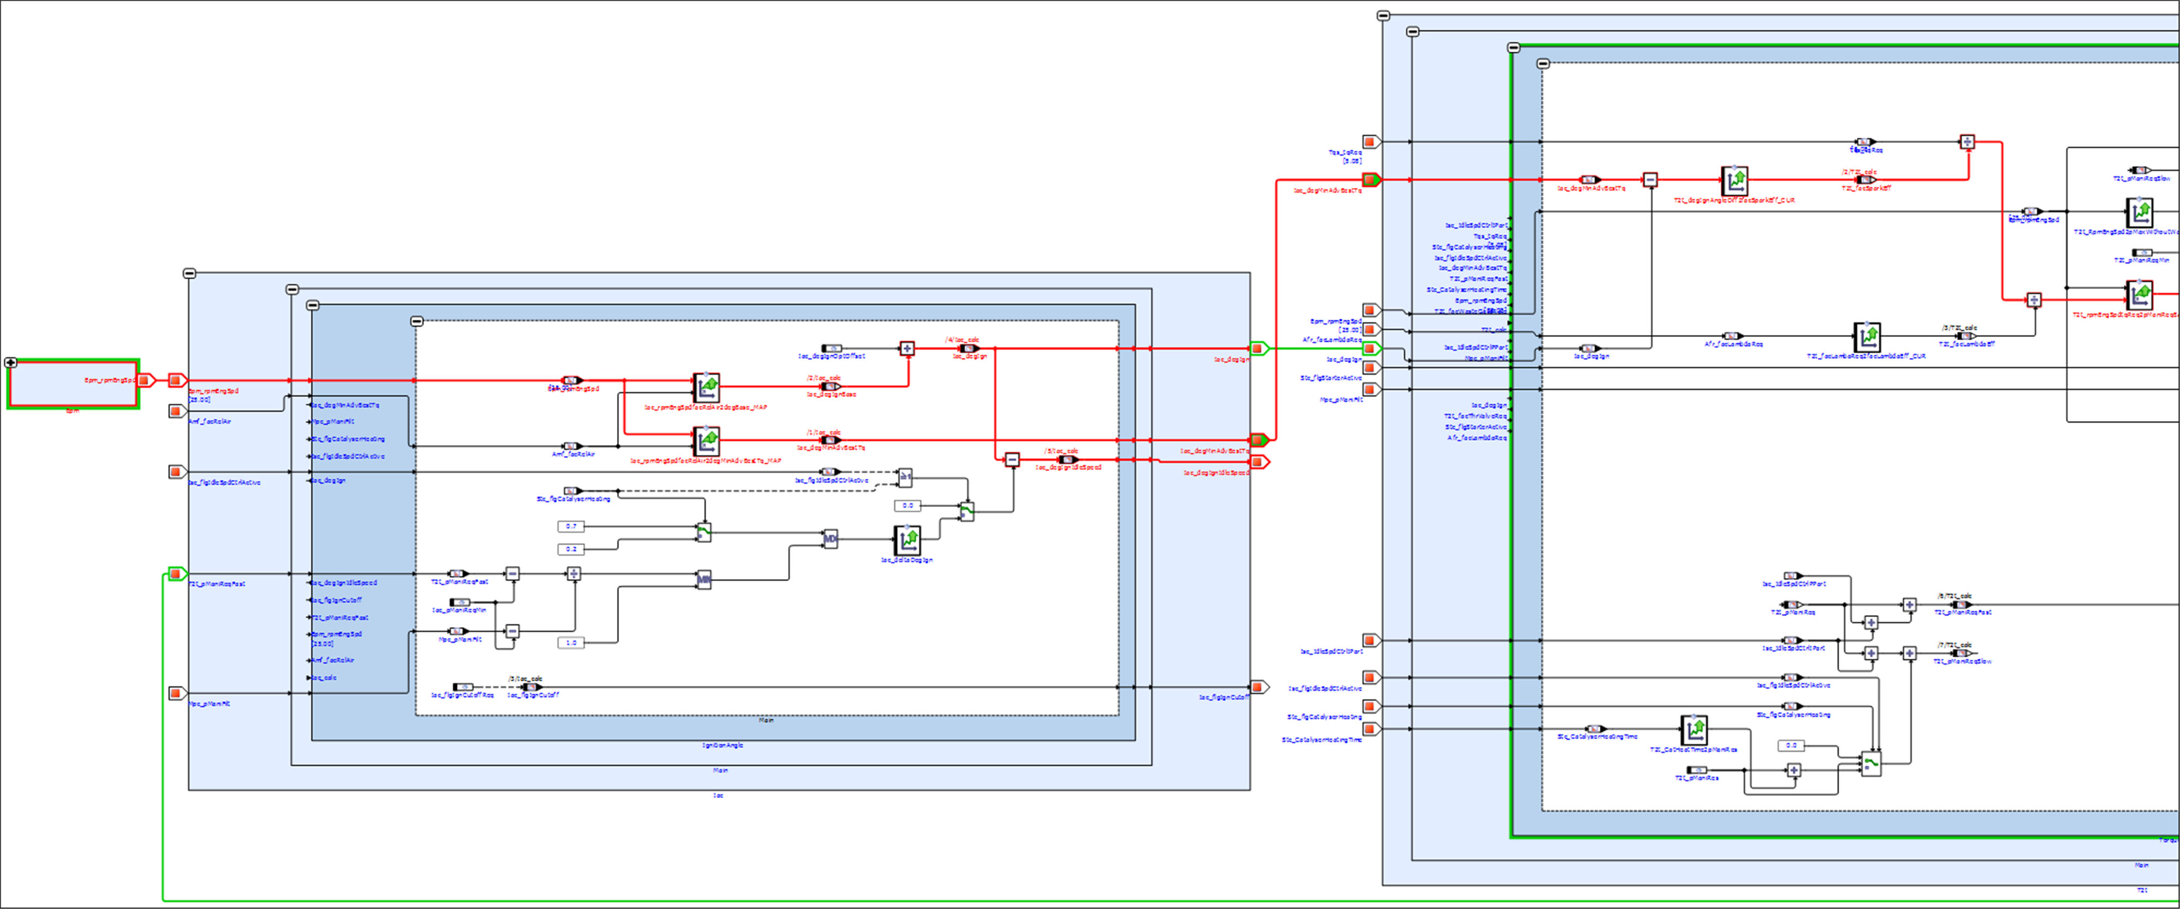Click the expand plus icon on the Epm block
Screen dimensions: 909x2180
click(11, 363)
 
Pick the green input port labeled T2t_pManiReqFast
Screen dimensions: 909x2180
click(176, 574)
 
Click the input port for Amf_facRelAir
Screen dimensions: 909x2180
click(176, 411)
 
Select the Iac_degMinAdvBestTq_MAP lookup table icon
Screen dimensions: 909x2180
click(706, 441)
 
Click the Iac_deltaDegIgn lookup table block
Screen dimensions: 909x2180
click(907, 538)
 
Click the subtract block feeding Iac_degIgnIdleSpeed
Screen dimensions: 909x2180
click(1012, 459)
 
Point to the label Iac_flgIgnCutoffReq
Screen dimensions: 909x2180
click(462, 695)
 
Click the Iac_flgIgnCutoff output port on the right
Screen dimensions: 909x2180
click(1258, 687)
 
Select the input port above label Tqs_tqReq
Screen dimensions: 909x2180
click(1370, 141)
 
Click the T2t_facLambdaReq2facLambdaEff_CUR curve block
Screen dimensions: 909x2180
click(1867, 337)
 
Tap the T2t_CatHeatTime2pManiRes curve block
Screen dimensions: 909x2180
click(1694, 730)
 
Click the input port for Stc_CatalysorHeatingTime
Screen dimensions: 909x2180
click(1370, 729)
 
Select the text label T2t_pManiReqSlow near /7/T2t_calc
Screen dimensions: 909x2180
click(1962, 661)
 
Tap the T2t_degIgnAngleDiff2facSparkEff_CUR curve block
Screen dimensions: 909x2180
click(1734, 180)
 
